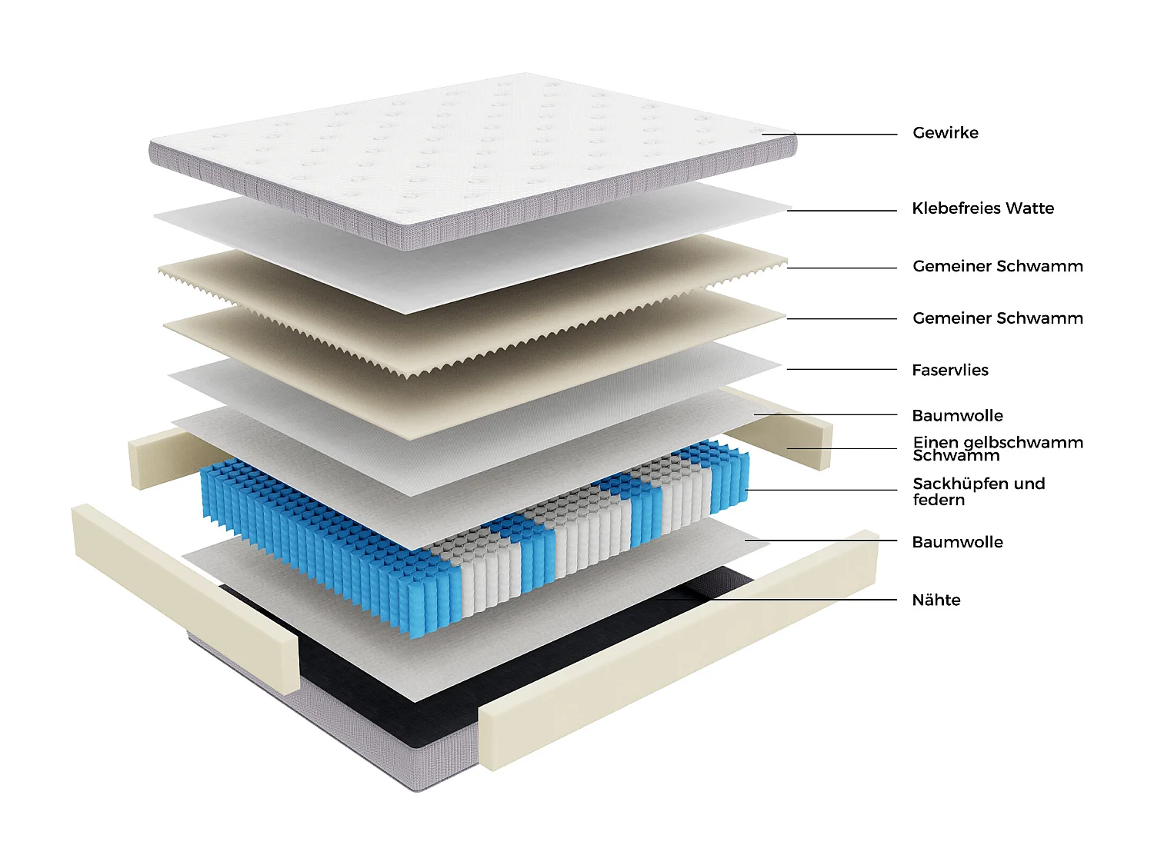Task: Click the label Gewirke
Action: pyautogui.click(x=945, y=133)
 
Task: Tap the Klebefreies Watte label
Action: pyautogui.click(x=982, y=208)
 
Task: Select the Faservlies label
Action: pyautogui.click(x=949, y=370)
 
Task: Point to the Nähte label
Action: pyautogui.click(x=936, y=600)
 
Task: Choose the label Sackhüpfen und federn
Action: pyautogui.click(x=978, y=491)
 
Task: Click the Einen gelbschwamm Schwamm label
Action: pyautogui.click(x=997, y=448)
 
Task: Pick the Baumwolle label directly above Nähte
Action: pyautogui.click(x=957, y=542)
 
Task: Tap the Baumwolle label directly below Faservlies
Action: pyautogui.click(x=957, y=416)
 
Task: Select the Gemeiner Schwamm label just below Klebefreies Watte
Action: pyautogui.click(x=997, y=266)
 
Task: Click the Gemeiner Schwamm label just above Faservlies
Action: pyautogui.click(x=997, y=318)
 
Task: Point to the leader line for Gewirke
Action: pyautogui.click(x=831, y=135)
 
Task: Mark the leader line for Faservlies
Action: pyautogui.click(x=842, y=369)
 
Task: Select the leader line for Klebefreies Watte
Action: pyautogui.click(x=842, y=210)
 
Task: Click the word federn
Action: pyautogui.click(x=939, y=500)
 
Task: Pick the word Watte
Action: pyautogui.click(x=1029, y=208)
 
